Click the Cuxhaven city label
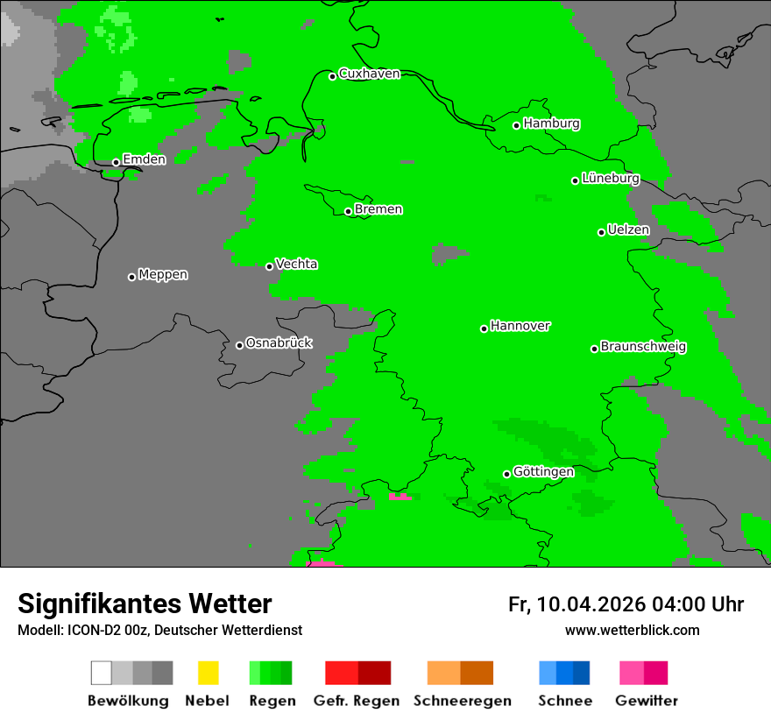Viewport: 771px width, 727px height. tap(369, 74)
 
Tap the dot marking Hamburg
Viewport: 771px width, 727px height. tap(517, 125)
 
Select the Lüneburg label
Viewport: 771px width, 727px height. tap(611, 179)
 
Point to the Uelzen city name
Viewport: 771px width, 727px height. tap(628, 230)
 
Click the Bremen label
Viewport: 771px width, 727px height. tap(378, 209)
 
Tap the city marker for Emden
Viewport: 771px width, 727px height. tap(116, 162)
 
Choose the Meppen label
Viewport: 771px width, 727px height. tap(163, 275)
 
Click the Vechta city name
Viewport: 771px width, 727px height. tap(296, 265)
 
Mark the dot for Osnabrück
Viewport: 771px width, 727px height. tap(239, 345)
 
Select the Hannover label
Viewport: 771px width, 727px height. tap(520, 326)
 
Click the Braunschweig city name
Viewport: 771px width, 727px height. tap(643, 347)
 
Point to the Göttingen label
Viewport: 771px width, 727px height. tap(543, 472)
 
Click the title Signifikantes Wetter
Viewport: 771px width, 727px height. tap(145, 603)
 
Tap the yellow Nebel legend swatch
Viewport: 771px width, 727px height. tap(208, 673)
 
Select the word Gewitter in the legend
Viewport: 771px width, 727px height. tap(647, 701)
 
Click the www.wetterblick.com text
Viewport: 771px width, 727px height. tap(632, 630)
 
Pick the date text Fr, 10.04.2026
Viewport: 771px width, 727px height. tap(576, 604)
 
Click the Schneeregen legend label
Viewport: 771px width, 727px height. tap(462, 701)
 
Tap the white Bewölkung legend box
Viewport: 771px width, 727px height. tap(101, 673)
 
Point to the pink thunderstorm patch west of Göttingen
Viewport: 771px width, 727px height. tap(400, 497)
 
